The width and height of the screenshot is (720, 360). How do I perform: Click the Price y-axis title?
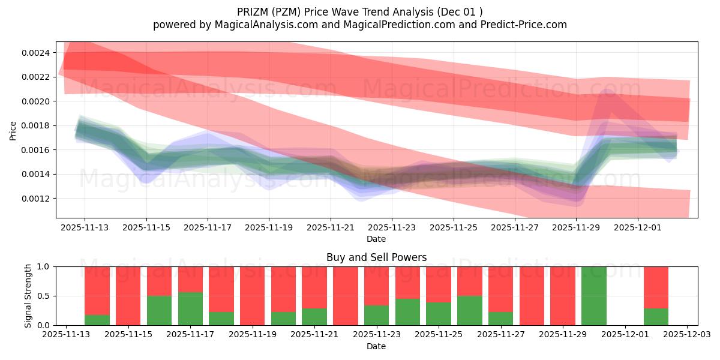(13, 130)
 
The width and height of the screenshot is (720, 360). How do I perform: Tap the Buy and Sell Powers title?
(376, 257)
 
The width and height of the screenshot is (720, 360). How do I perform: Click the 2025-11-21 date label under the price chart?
(330, 228)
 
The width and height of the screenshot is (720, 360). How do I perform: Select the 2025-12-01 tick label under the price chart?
(637, 228)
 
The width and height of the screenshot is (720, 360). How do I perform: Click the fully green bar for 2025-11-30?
(594, 296)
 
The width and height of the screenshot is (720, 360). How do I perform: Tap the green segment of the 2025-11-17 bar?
(190, 309)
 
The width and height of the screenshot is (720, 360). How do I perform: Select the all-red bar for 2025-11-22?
(346, 296)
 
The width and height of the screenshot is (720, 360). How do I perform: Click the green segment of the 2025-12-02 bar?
(656, 317)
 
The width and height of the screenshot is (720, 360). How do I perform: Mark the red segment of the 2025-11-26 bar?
(470, 281)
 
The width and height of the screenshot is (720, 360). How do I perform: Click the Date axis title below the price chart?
(376, 239)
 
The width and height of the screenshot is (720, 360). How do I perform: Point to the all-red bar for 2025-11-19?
(253, 296)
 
